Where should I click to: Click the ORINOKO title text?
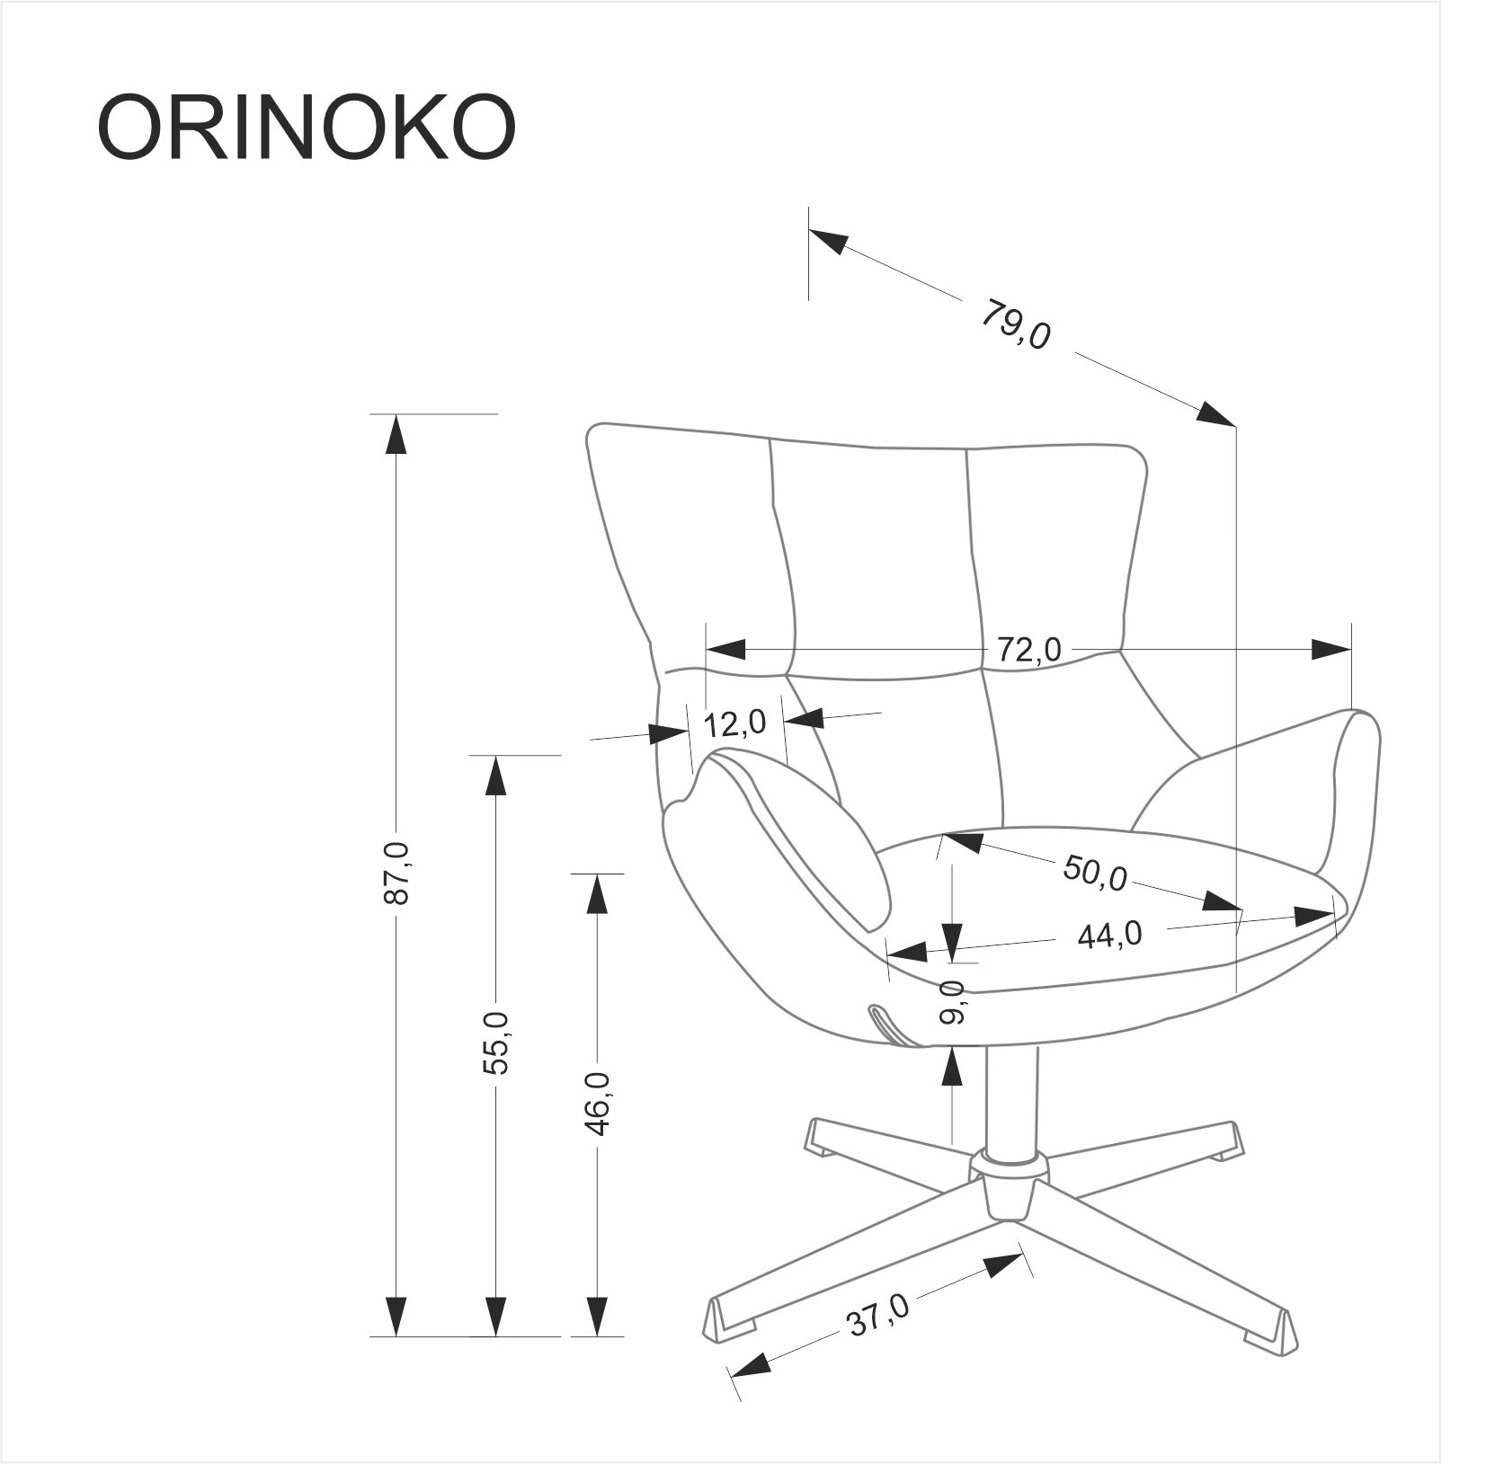click(307, 126)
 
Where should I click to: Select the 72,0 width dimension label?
click(1028, 650)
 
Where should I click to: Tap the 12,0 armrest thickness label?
click(734, 723)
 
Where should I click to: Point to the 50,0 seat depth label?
click(1094, 873)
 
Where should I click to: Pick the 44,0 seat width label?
click(1109, 936)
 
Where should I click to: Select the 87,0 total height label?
click(396, 873)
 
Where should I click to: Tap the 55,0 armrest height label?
click(495, 1043)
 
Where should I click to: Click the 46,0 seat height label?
click(597, 1104)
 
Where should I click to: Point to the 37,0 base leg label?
click(877, 1316)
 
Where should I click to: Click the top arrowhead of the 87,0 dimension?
click(396, 435)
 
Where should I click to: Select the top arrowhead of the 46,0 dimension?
click(597, 893)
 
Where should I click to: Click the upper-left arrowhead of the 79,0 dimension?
click(827, 240)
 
